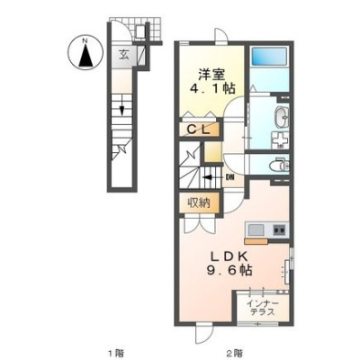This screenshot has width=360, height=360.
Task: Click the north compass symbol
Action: point(85,53)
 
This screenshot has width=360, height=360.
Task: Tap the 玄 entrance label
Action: point(124,54)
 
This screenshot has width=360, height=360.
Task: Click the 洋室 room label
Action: point(211,74)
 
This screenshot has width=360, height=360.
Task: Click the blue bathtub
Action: point(269,57)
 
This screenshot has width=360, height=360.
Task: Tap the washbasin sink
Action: point(282,116)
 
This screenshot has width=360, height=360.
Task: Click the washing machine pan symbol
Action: point(280,140)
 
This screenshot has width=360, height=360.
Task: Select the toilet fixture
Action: point(279,166)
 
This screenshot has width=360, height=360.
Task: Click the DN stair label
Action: point(229,177)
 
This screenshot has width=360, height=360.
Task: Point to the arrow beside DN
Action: point(212,177)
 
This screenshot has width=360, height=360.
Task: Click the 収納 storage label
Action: point(199,202)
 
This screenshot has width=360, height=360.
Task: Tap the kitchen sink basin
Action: point(256,230)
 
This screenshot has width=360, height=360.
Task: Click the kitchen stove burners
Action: point(280,230)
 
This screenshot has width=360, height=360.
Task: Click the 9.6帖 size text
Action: point(229,271)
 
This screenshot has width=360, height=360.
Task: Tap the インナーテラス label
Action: point(262,308)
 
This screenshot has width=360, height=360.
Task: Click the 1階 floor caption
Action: point(115,352)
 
